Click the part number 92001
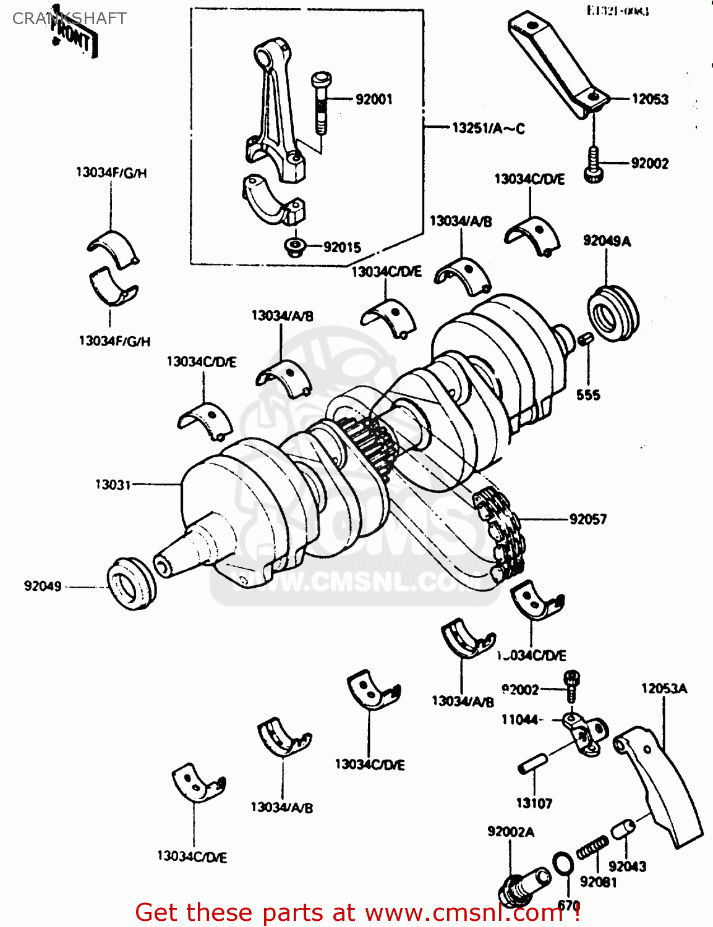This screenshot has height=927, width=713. point(374,99)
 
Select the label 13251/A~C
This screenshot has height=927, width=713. point(488,129)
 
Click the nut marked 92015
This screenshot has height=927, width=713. point(294,247)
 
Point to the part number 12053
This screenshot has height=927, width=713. point(649,99)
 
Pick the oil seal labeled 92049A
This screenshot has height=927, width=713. point(612,313)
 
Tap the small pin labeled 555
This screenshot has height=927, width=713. point(586,339)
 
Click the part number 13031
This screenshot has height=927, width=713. point(113,485)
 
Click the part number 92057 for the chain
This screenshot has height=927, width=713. point(587,519)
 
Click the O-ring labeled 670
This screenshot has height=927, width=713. point(561,864)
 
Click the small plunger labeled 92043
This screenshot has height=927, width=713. point(623,829)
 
